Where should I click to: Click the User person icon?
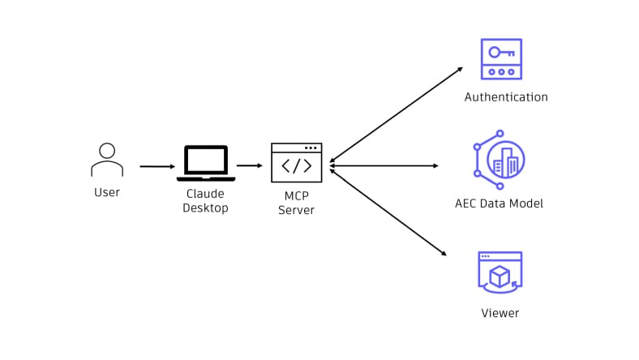click(x=106, y=160)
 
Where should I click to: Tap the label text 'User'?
click(x=106, y=192)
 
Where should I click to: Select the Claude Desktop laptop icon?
click(x=206, y=163)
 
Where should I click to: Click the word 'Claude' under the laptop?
click(x=205, y=194)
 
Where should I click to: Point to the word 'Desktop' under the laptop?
click(x=205, y=208)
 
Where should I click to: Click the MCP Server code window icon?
click(x=296, y=162)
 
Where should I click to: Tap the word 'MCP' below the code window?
click(x=296, y=196)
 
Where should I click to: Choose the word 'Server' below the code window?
click(x=296, y=210)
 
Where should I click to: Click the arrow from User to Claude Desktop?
click(x=157, y=166)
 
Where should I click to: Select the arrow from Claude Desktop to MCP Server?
click(x=250, y=165)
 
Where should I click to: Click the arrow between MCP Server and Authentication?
click(x=396, y=114)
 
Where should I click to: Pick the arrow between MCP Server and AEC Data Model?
click(x=384, y=165)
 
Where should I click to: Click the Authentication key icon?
click(x=501, y=58)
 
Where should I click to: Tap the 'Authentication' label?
click(x=506, y=97)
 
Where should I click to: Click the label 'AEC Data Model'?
click(x=499, y=204)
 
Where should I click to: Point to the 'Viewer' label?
click(x=500, y=313)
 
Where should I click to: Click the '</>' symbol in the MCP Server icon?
click(x=296, y=166)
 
